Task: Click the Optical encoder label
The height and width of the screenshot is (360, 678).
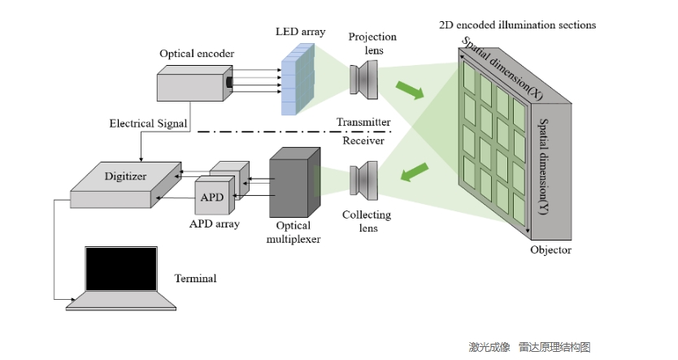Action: pos(197,54)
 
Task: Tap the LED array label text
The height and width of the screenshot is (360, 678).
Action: pos(300,32)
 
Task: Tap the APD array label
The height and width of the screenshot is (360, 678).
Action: pos(214,223)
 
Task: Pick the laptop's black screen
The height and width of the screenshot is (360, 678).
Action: pos(121,268)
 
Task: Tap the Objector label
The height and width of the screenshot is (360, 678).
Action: pos(550,249)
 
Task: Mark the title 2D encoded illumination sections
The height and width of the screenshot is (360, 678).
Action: pos(516,25)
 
